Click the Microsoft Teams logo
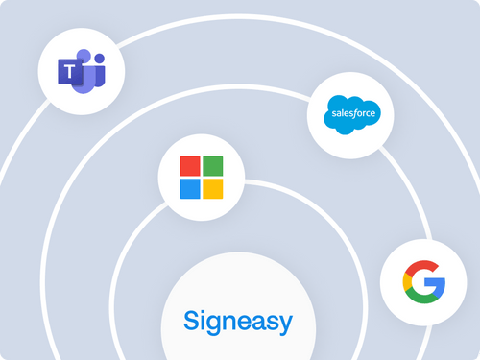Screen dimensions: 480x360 coord(83,70)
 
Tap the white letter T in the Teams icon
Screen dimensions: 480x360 coord(69,71)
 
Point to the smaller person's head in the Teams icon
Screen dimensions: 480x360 coord(99,58)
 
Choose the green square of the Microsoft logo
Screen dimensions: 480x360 coord(213,166)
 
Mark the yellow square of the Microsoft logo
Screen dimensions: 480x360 coord(213,187)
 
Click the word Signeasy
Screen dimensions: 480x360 coord(226,320)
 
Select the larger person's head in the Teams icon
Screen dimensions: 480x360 coord(84,56)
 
